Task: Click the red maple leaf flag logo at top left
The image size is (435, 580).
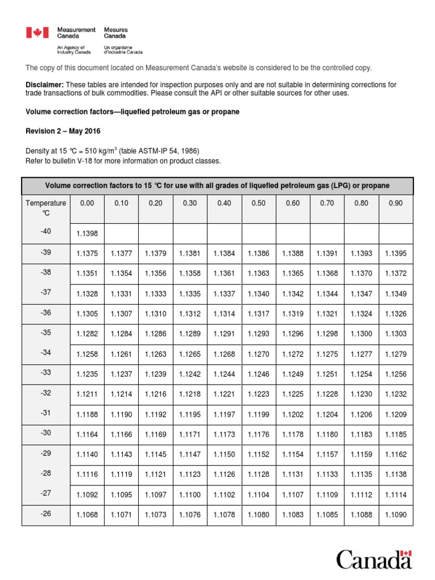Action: point(37,33)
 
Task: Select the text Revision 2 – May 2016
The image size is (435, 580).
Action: point(63,131)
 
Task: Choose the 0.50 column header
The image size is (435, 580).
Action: point(258,203)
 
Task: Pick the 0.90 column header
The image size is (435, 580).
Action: point(395,203)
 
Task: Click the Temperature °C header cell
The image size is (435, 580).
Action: point(46,208)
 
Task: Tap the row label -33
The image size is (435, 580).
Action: point(46,373)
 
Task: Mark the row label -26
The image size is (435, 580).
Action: point(46,514)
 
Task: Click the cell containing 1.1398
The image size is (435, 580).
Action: point(87,234)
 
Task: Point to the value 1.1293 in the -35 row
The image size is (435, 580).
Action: point(258,334)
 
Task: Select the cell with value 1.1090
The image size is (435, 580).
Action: point(395,515)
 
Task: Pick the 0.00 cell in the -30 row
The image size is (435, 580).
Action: point(87,435)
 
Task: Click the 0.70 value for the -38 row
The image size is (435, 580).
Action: point(327,273)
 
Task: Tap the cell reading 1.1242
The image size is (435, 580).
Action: point(190,374)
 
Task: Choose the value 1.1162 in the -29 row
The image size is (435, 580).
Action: point(395,454)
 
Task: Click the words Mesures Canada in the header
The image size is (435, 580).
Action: point(116,33)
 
